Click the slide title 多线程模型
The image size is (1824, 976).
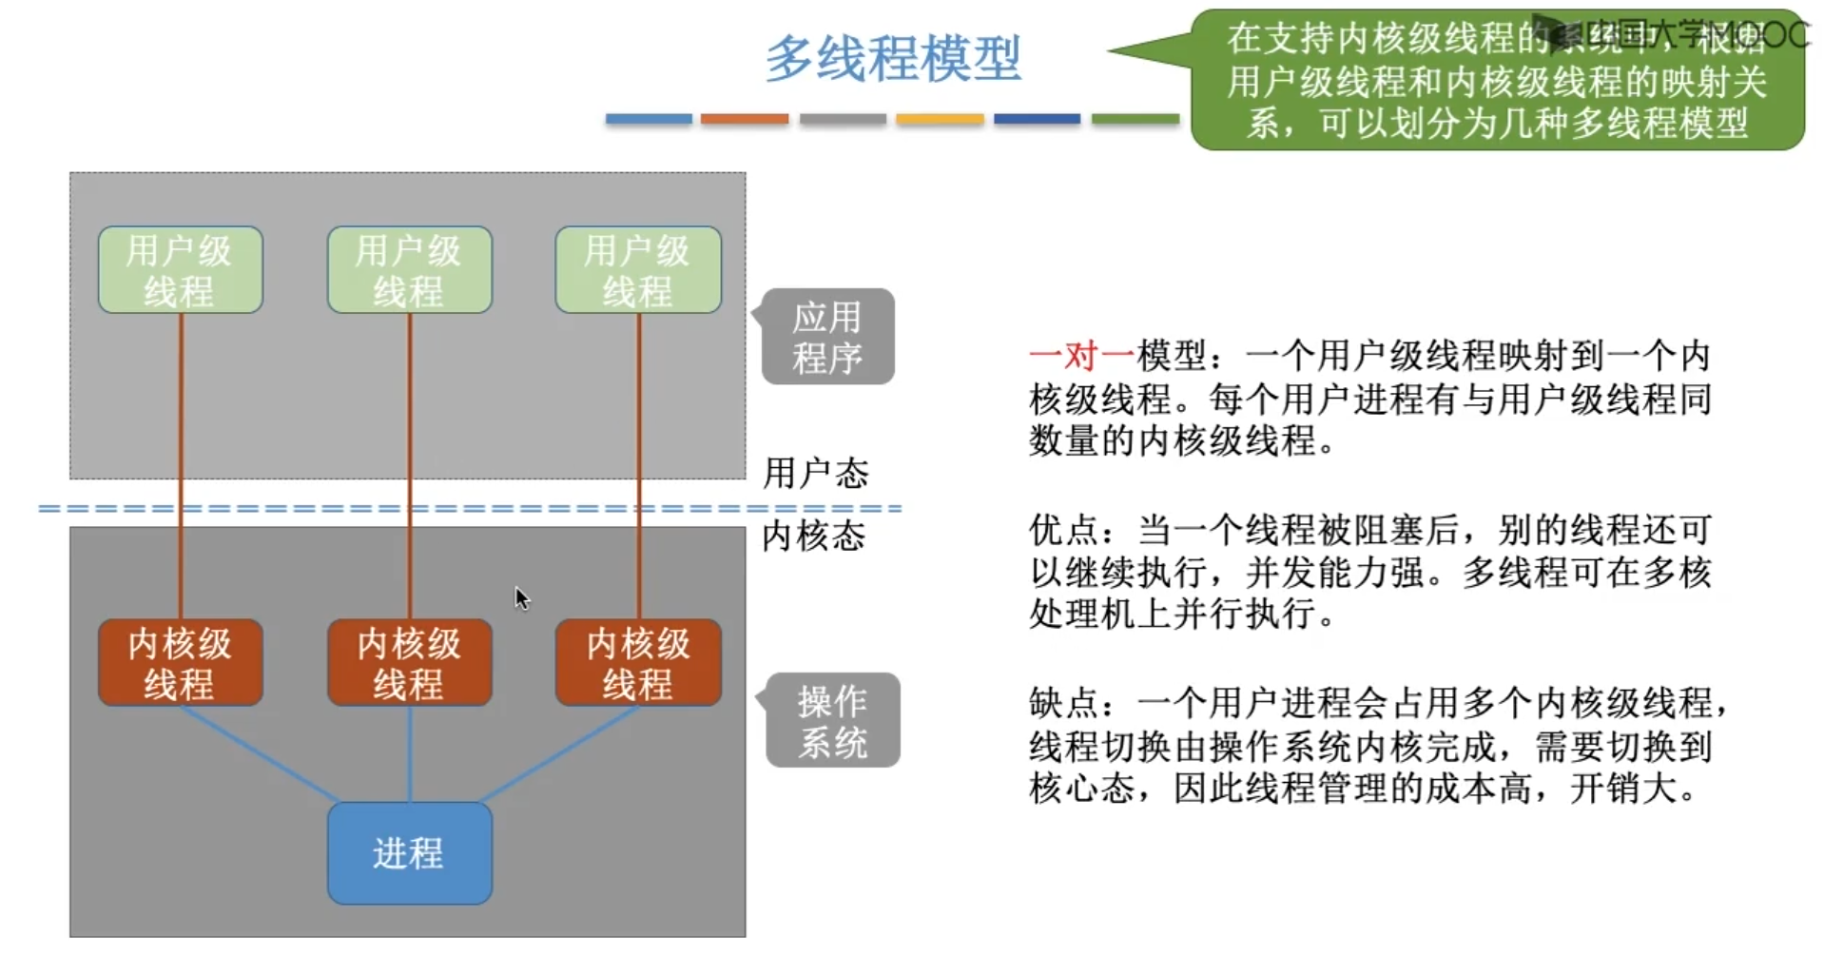click(x=893, y=59)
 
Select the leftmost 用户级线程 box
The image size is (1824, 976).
click(x=180, y=270)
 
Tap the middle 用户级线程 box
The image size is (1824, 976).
click(x=409, y=270)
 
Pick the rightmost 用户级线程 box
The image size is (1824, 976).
click(x=638, y=270)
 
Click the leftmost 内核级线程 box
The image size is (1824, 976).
click(x=180, y=663)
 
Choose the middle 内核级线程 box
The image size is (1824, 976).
click(x=409, y=663)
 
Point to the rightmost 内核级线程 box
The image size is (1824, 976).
click(x=638, y=663)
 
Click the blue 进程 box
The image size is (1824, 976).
click(x=409, y=853)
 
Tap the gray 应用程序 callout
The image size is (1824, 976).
click(x=827, y=337)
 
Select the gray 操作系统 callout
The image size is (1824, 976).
click(x=832, y=721)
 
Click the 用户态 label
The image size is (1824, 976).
click(x=816, y=473)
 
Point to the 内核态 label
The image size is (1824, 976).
click(x=814, y=537)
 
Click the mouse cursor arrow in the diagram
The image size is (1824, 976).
click(x=521, y=597)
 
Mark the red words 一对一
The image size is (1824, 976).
click(x=1081, y=356)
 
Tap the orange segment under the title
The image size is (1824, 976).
click(x=745, y=119)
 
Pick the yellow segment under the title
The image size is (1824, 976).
click(x=940, y=119)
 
